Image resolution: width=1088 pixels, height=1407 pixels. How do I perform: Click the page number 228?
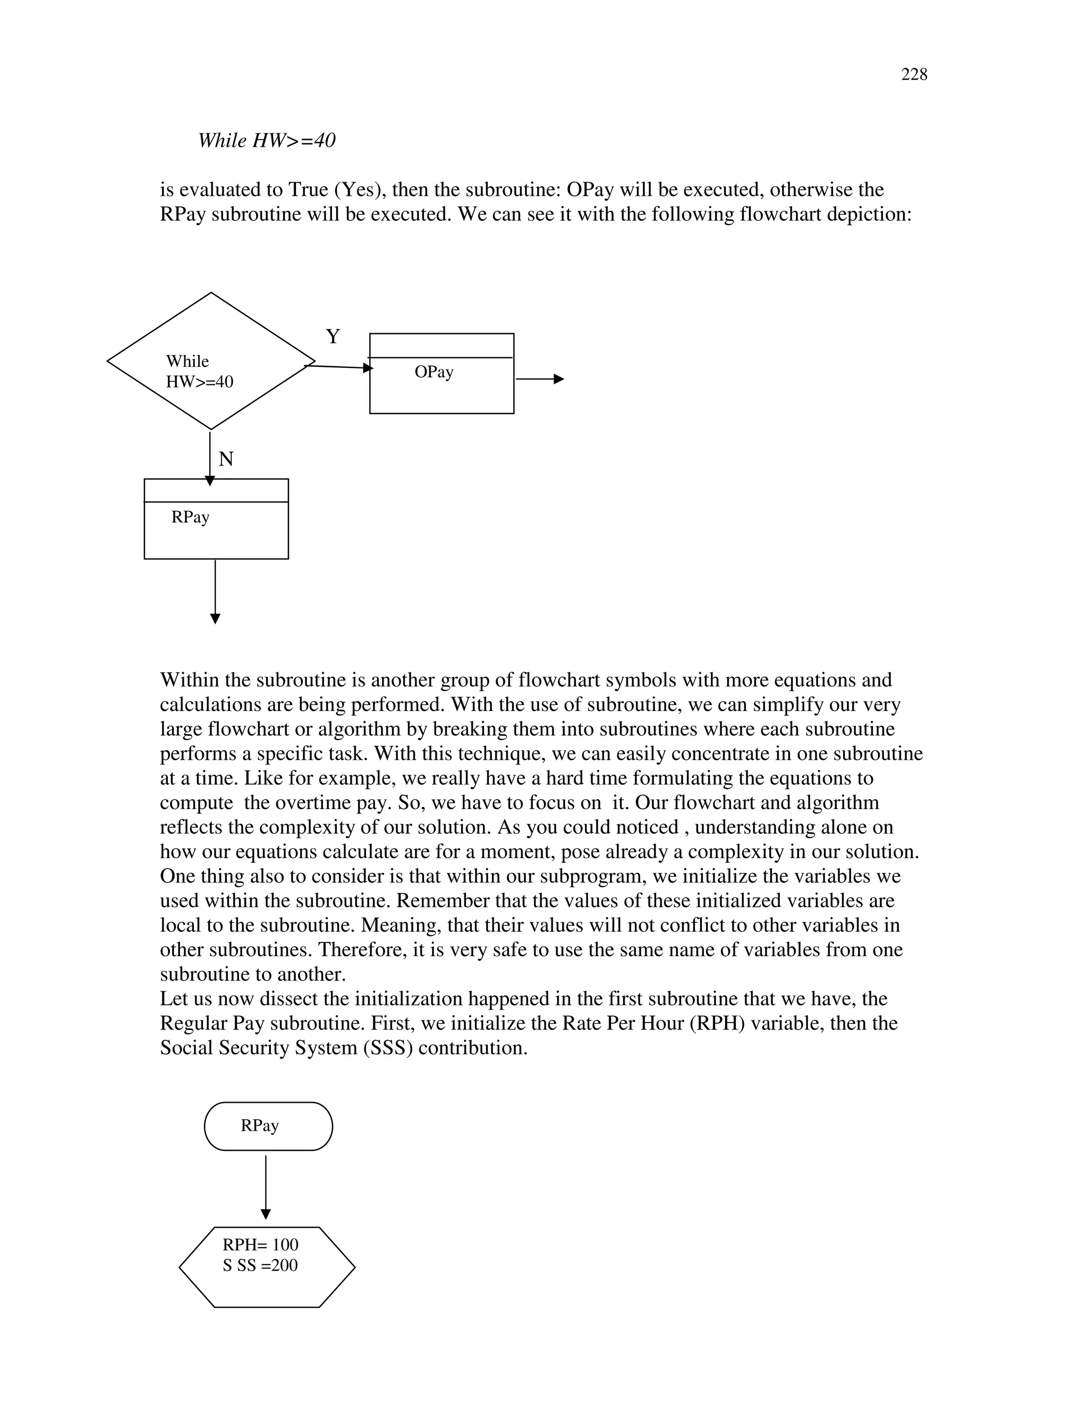(x=913, y=75)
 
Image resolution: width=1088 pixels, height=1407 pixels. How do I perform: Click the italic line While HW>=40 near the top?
(x=266, y=141)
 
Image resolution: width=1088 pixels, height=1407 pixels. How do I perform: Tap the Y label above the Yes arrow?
(x=333, y=336)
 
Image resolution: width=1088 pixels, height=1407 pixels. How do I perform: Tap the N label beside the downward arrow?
(x=226, y=459)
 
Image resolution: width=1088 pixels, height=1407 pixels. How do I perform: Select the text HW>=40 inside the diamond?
(x=199, y=382)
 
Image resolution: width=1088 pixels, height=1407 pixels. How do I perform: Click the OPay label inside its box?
(x=434, y=372)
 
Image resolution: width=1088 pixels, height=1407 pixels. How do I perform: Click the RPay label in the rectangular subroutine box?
(x=190, y=517)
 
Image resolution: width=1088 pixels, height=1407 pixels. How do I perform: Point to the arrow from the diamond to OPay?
(x=338, y=367)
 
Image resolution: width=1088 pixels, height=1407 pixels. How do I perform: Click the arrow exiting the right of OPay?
(x=540, y=380)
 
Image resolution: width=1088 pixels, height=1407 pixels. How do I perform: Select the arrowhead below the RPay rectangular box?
(x=215, y=618)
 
